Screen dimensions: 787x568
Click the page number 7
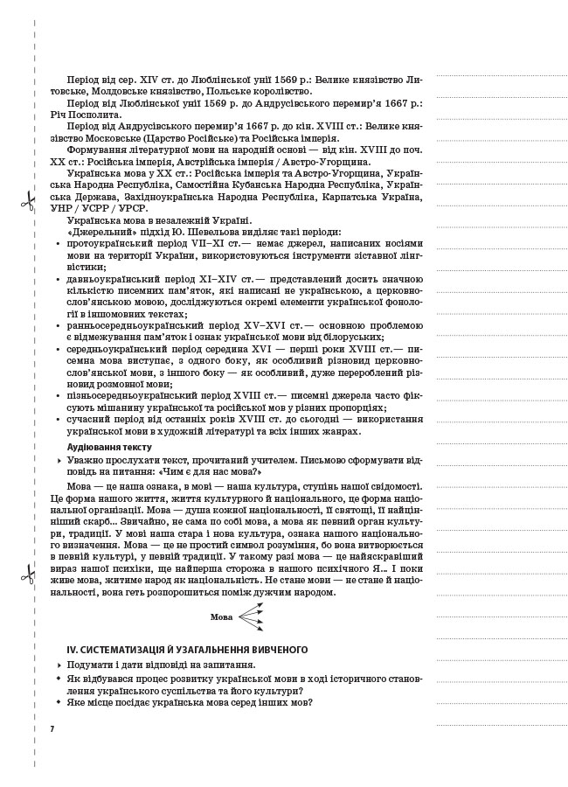(x=52, y=728)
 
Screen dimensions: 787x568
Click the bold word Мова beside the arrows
(x=222, y=617)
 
